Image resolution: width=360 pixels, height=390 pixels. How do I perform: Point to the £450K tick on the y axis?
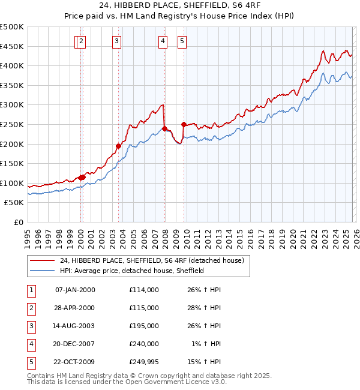click(x=12, y=46)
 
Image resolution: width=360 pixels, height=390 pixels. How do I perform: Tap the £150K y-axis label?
click(x=12, y=163)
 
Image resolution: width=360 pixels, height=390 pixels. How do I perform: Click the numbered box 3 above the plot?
click(x=116, y=41)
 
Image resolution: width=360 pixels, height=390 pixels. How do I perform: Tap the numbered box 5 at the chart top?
click(x=182, y=41)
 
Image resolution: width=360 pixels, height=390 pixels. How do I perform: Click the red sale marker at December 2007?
click(x=164, y=128)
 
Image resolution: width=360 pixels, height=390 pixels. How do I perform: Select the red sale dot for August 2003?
click(x=118, y=146)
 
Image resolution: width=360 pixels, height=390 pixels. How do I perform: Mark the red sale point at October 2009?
click(x=184, y=124)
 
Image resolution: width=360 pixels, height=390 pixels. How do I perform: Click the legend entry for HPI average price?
click(x=132, y=271)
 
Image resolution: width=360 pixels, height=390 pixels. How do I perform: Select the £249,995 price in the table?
click(x=143, y=362)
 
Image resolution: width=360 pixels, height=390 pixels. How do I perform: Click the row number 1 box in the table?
click(x=30, y=290)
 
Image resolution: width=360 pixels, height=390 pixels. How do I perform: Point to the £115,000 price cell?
click(x=143, y=308)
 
